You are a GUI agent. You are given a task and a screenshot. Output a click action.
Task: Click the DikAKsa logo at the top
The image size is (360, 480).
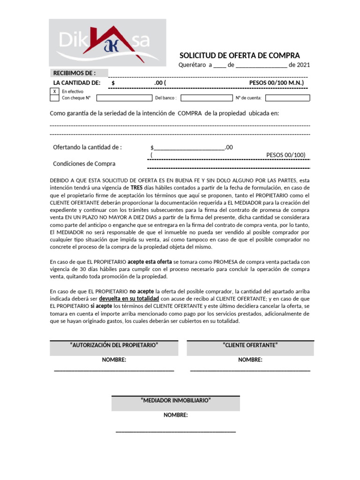[107, 43]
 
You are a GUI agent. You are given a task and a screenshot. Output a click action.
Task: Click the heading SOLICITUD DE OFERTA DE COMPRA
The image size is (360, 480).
[240, 55]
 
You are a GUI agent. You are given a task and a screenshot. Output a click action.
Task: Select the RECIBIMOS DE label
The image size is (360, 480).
[75, 73]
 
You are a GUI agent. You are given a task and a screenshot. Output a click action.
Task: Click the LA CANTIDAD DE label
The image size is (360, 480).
[77, 83]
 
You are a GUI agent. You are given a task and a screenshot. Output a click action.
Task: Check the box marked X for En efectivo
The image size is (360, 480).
[54, 91]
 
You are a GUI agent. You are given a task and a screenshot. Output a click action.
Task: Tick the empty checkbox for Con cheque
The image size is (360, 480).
[54, 98]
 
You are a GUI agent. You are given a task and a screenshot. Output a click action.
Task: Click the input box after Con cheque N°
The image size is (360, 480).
[124, 98]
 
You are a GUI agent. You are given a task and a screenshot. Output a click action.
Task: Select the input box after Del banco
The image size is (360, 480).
[205, 98]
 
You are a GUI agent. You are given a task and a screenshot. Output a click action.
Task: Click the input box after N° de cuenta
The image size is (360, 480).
[287, 98]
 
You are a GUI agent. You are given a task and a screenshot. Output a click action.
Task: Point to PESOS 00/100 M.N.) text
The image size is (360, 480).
[277, 83]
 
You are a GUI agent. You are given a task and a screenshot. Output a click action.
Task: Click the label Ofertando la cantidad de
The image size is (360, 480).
[87, 147]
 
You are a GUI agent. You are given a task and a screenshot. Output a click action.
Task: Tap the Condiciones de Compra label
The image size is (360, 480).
[84, 164]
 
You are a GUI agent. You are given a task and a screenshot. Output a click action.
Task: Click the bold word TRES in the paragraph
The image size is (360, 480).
[136, 187]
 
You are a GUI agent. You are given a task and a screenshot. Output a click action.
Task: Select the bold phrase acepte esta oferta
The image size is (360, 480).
[150, 261]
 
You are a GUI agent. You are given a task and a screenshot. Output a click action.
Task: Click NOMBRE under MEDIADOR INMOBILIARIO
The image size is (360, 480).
[175, 415]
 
